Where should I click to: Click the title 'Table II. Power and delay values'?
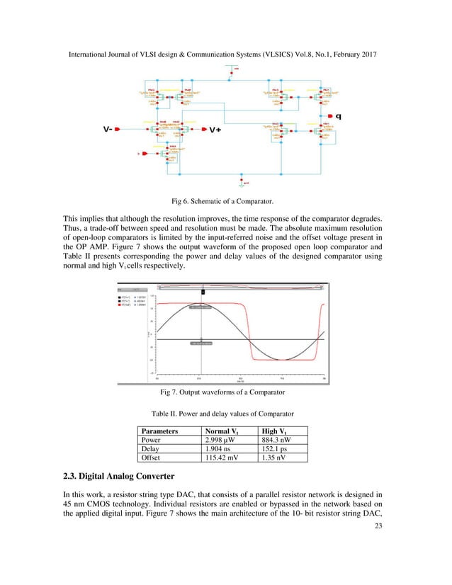pyautogui.click(x=225, y=413)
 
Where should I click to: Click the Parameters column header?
pyautogui.click(x=159, y=431)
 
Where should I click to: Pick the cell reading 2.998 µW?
pyautogui.click(x=220, y=439)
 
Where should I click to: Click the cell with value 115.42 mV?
pyautogui.click(x=222, y=458)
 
